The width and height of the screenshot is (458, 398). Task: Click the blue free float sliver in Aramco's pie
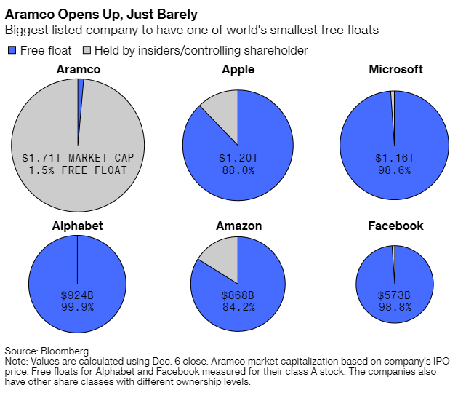point(80,97)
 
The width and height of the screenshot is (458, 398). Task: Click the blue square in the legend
point(12,50)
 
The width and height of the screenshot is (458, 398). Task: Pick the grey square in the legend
point(87,50)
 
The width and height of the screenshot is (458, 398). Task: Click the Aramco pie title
point(79,70)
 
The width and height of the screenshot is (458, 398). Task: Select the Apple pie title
point(238,70)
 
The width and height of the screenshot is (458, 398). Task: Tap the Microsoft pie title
point(395,70)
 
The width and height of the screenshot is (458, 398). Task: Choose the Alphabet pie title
point(77,226)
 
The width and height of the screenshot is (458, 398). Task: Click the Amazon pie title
point(238,226)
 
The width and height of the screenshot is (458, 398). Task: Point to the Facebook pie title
point(395,226)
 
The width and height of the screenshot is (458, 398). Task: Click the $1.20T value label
point(238,158)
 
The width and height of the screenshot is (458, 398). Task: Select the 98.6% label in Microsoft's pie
point(395,170)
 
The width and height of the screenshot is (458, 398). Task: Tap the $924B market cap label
point(77,295)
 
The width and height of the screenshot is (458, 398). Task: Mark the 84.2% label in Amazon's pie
point(238,307)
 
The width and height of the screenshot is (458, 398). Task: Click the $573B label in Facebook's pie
point(394,295)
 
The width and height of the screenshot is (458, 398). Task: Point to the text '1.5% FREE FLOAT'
point(78,170)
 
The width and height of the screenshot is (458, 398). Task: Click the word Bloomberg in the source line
point(65,351)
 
